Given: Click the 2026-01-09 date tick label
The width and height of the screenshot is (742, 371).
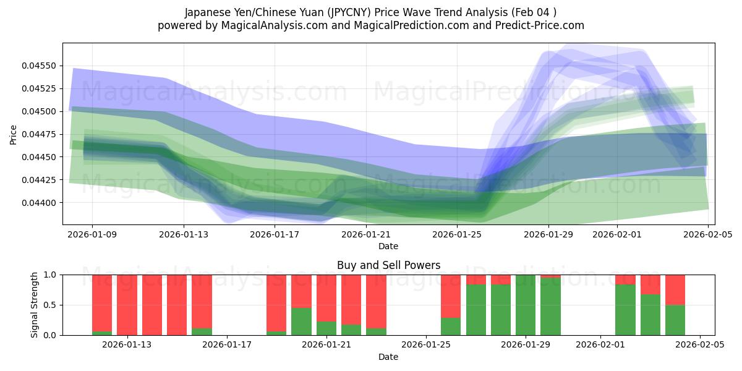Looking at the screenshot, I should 92,234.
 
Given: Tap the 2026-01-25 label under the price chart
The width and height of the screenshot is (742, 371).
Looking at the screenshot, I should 457,234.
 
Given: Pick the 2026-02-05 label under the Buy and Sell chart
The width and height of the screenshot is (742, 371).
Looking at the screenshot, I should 700,344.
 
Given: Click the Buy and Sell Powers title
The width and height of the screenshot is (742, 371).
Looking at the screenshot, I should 388,265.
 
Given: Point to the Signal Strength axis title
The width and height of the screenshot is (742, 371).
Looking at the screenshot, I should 35,305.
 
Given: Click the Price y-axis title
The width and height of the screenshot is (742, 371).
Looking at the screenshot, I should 14,134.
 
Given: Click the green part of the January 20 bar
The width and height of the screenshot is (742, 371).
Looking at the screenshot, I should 301,322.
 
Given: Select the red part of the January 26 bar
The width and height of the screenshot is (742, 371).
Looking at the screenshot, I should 451,296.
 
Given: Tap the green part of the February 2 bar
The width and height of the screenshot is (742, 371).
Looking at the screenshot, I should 625,310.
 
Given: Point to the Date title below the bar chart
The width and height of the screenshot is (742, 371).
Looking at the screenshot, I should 388,357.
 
